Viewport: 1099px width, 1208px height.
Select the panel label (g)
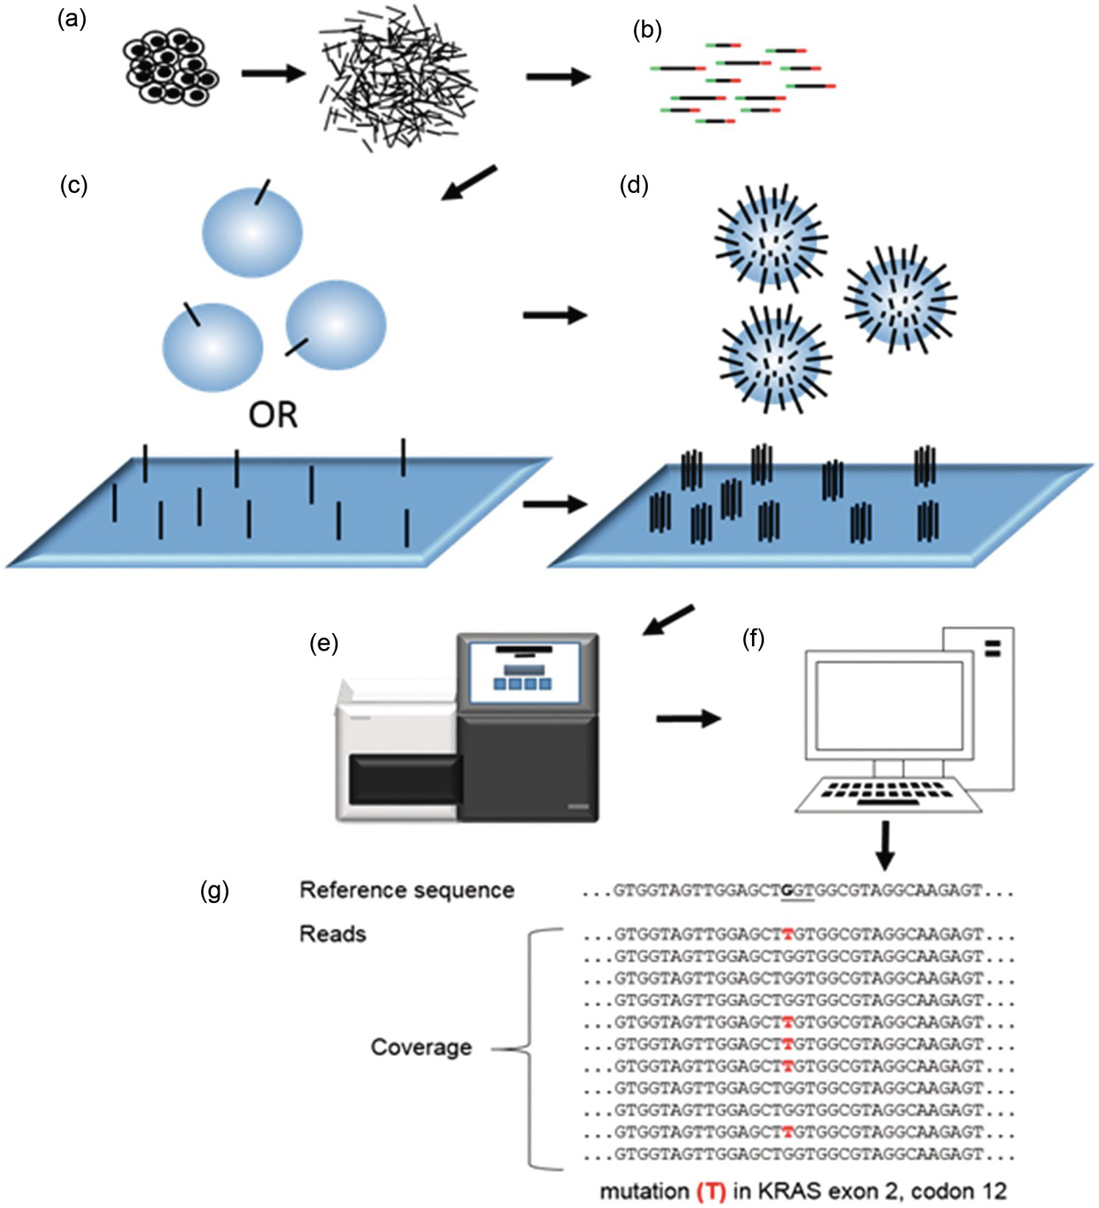[214, 891]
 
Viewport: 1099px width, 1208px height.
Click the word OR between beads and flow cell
[273, 415]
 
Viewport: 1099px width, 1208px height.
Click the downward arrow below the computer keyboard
[886, 845]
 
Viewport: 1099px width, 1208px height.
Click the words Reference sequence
[406, 890]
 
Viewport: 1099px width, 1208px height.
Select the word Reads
[332, 934]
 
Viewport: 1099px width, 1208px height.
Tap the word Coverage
[420, 1047]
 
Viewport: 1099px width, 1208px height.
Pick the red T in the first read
[787, 935]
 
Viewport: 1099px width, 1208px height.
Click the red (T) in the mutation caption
[710, 1193]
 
